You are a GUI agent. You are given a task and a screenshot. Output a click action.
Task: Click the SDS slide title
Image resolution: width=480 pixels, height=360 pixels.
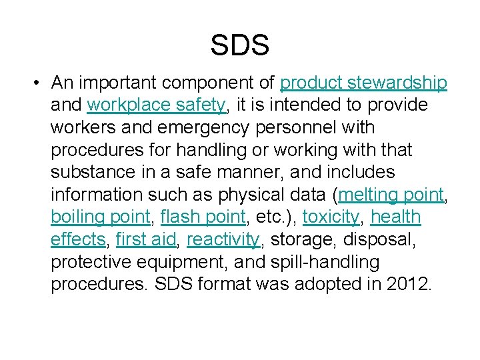240,45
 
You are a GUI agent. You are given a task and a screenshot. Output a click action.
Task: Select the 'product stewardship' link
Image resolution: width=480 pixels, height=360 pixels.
363,83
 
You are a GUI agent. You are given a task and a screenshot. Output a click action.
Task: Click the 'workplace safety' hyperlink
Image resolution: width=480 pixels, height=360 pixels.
157,105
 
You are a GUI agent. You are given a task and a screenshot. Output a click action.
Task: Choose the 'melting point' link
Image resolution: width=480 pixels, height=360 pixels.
391,195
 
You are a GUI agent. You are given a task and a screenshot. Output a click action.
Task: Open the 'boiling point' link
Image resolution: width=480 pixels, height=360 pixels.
101,217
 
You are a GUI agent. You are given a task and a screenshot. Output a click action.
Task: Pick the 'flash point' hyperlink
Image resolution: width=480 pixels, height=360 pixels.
203,217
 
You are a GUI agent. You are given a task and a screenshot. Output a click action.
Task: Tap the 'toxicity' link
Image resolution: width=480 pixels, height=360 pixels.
331,217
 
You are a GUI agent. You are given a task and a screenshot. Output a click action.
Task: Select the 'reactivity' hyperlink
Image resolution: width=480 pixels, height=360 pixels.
223,239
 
